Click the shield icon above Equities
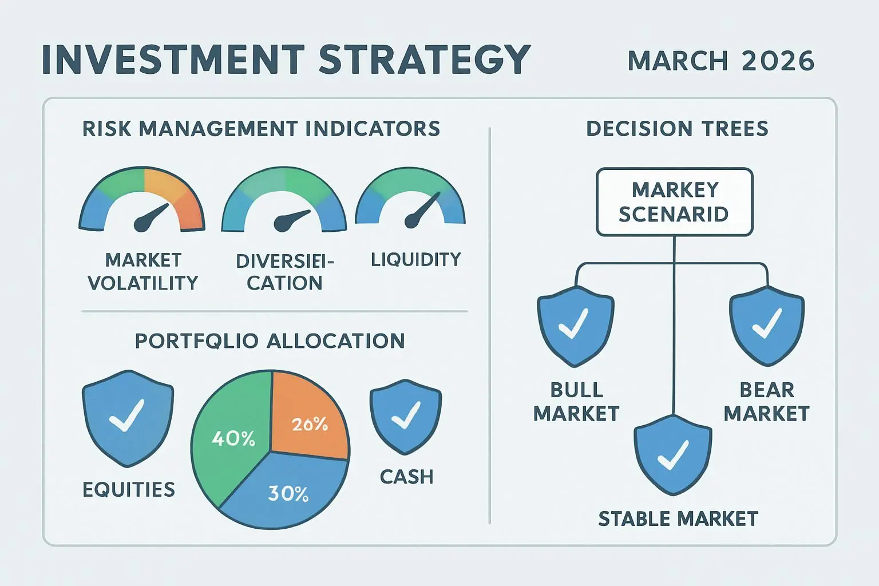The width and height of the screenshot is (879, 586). point(128,418)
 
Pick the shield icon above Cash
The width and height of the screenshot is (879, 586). point(406,417)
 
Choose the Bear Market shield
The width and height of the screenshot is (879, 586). point(767,326)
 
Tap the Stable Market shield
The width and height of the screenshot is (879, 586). point(673,456)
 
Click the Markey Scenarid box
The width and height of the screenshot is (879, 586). point(675,202)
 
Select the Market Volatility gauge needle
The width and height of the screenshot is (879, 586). point(151,218)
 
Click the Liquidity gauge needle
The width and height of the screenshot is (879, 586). point(421,210)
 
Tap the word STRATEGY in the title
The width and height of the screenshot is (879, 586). point(425,60)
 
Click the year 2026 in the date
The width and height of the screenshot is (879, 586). point(778,61)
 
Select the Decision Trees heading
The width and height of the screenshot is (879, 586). point(678,129)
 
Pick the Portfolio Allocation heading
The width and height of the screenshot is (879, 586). point(270,340)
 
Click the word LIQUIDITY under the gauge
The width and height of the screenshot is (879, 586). point(416,259)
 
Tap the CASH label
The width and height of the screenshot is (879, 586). point(406,477)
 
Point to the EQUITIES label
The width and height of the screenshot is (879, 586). point(129,489)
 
